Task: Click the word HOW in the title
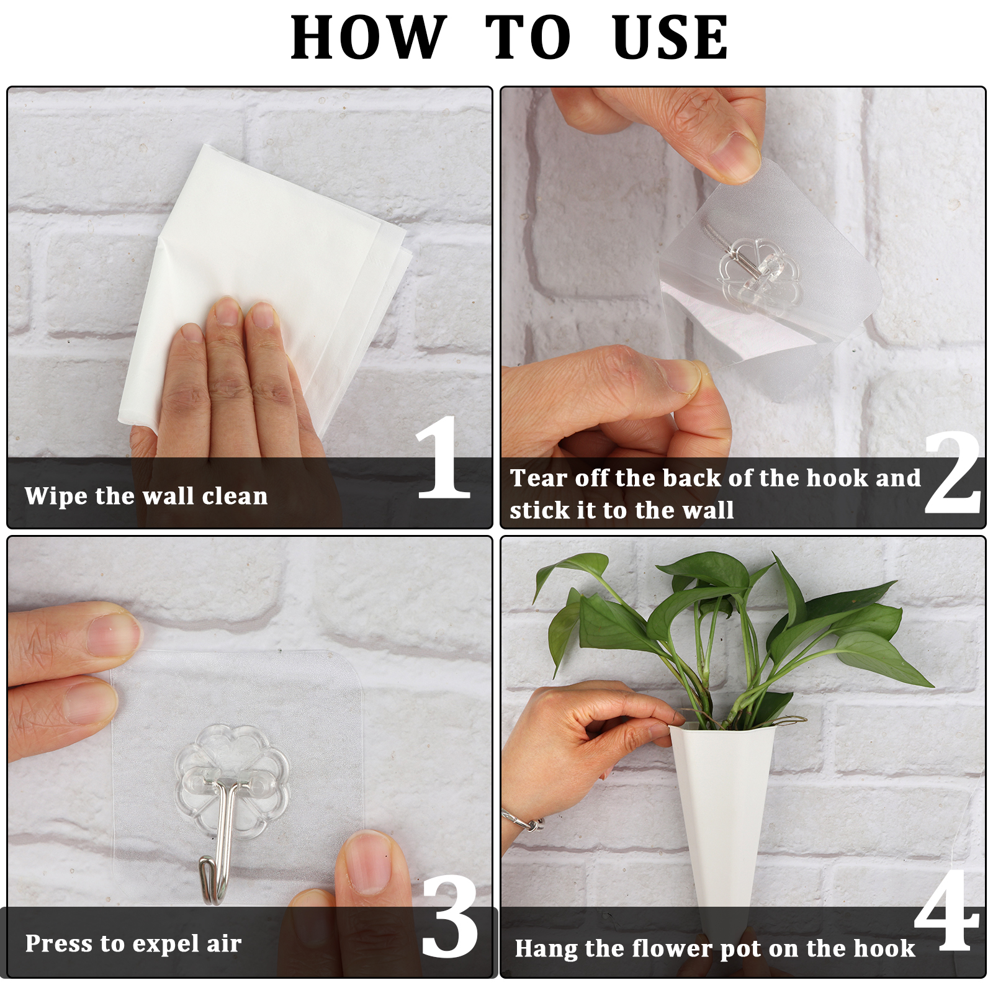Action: coord(369,38)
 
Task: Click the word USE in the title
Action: coord(670,38)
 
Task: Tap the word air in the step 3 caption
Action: coord(224,943)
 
